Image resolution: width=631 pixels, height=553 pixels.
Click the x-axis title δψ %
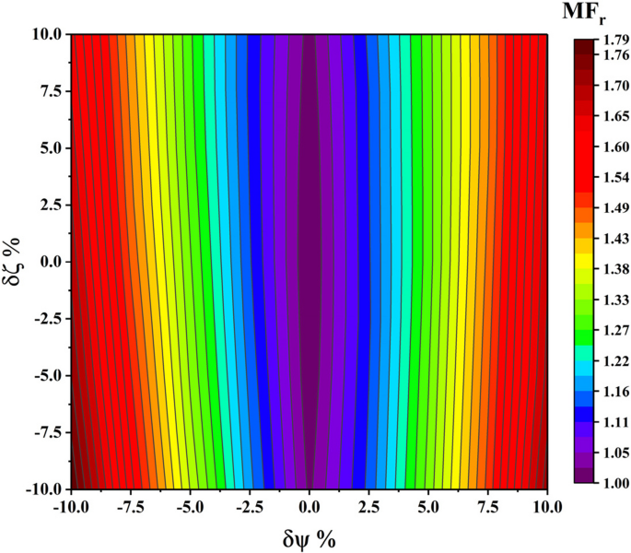310,537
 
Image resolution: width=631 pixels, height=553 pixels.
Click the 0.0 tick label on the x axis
310,506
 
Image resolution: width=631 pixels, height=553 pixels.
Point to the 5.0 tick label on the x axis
428,506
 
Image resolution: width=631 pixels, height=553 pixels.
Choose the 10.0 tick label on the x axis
547,506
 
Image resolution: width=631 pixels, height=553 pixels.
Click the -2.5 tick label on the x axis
250,506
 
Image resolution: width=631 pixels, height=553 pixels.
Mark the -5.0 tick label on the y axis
43,375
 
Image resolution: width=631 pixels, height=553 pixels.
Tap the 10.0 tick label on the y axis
43,34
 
